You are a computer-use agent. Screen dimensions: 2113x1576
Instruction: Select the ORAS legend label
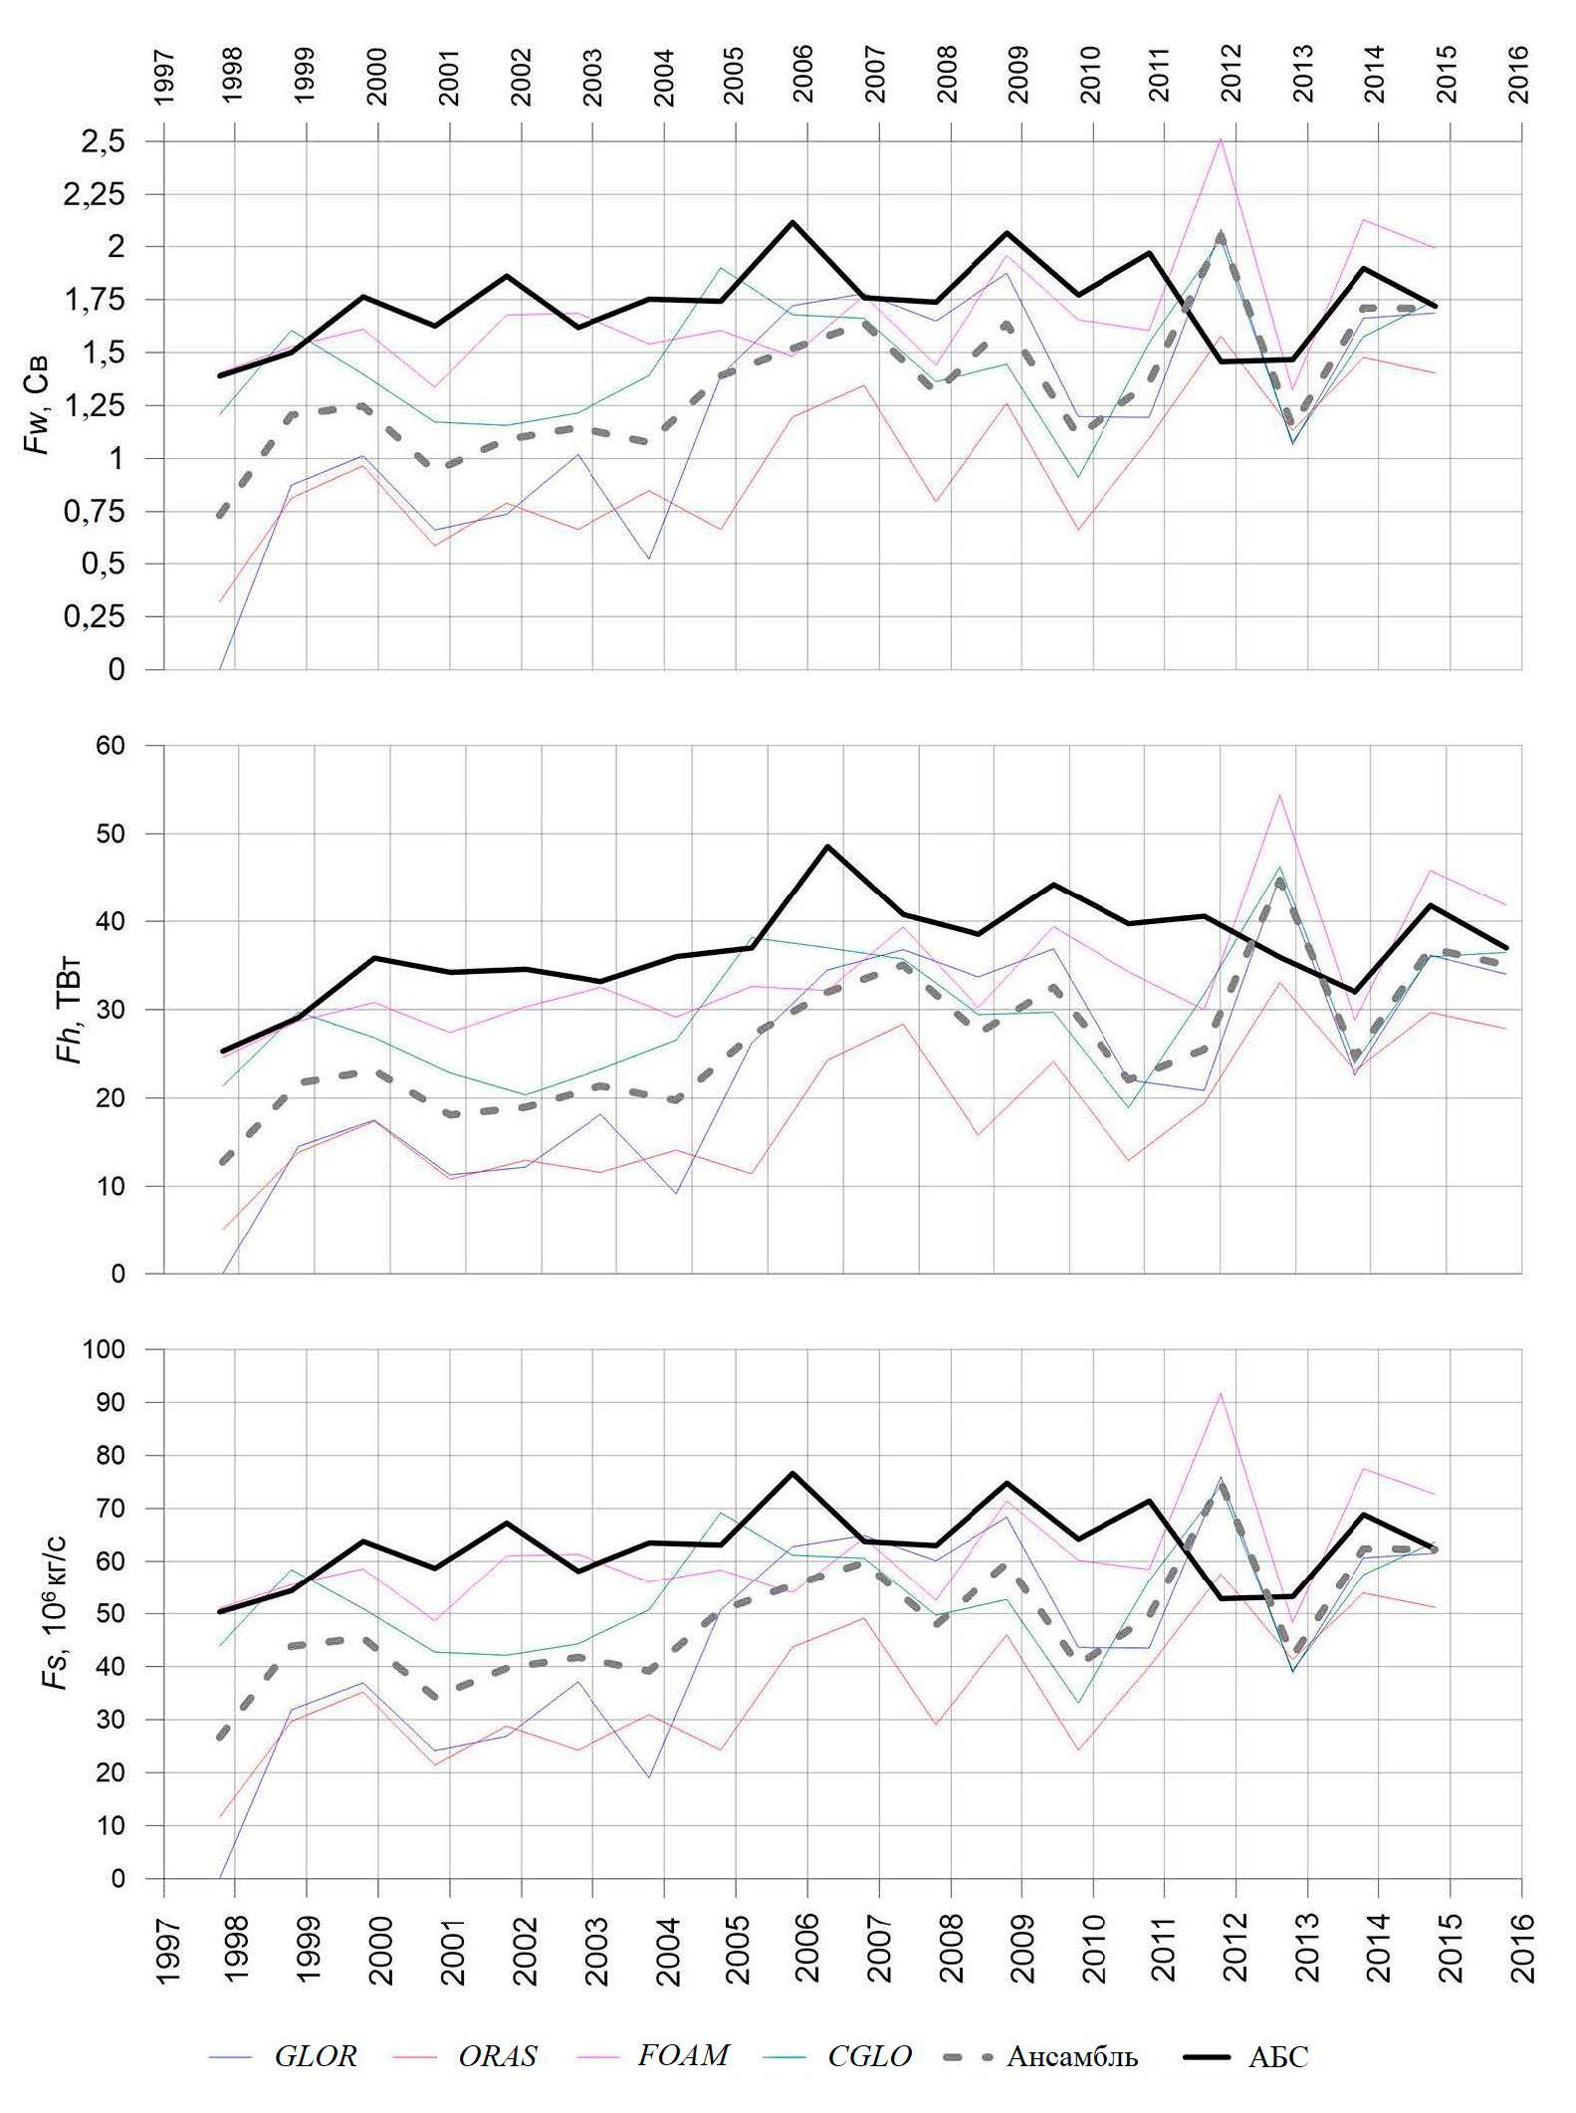(497, 2055)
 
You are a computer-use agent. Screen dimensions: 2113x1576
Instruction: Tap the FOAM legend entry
(683, 2054)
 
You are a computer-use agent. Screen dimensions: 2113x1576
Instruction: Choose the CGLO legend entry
(869, 2055)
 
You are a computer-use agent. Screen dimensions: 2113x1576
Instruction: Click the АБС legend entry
(1278, 2056)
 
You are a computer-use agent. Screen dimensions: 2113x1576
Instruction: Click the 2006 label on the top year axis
(803, 74)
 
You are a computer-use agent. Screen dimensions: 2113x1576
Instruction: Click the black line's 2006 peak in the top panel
(792, 222)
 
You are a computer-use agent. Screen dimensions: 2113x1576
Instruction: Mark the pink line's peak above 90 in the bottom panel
(1220, 1393)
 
